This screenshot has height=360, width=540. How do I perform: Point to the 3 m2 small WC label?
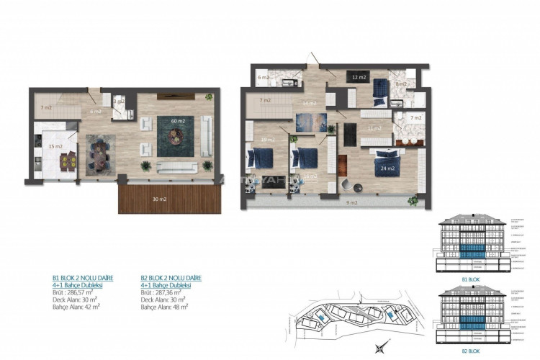pos(120,102)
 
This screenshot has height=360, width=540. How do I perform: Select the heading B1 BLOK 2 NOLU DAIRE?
pos(84,277)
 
